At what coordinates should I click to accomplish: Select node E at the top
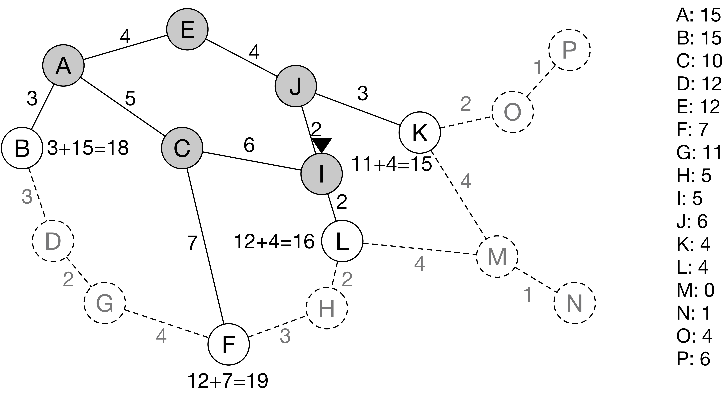(x=187, y=29)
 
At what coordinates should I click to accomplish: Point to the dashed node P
(x=569, y=50)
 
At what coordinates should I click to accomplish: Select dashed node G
(x=104, y=303)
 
